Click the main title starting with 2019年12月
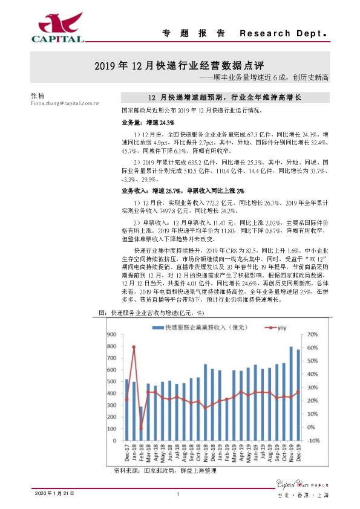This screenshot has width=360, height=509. click(180, 65)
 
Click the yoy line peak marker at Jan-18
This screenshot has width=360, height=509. click(133, 347)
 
